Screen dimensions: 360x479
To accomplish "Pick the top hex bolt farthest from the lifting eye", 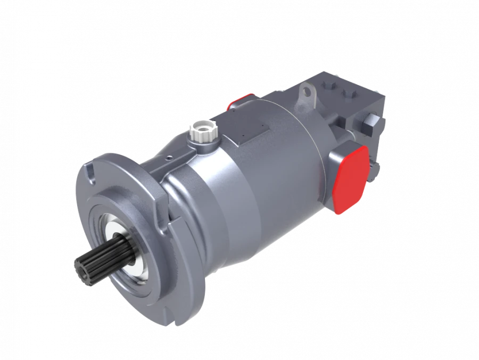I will tap(350, 95).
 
